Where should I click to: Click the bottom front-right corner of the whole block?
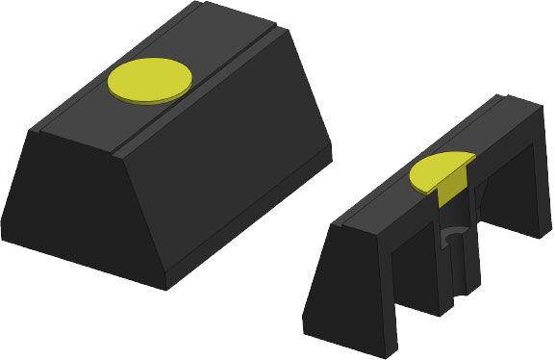click(165, 287)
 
